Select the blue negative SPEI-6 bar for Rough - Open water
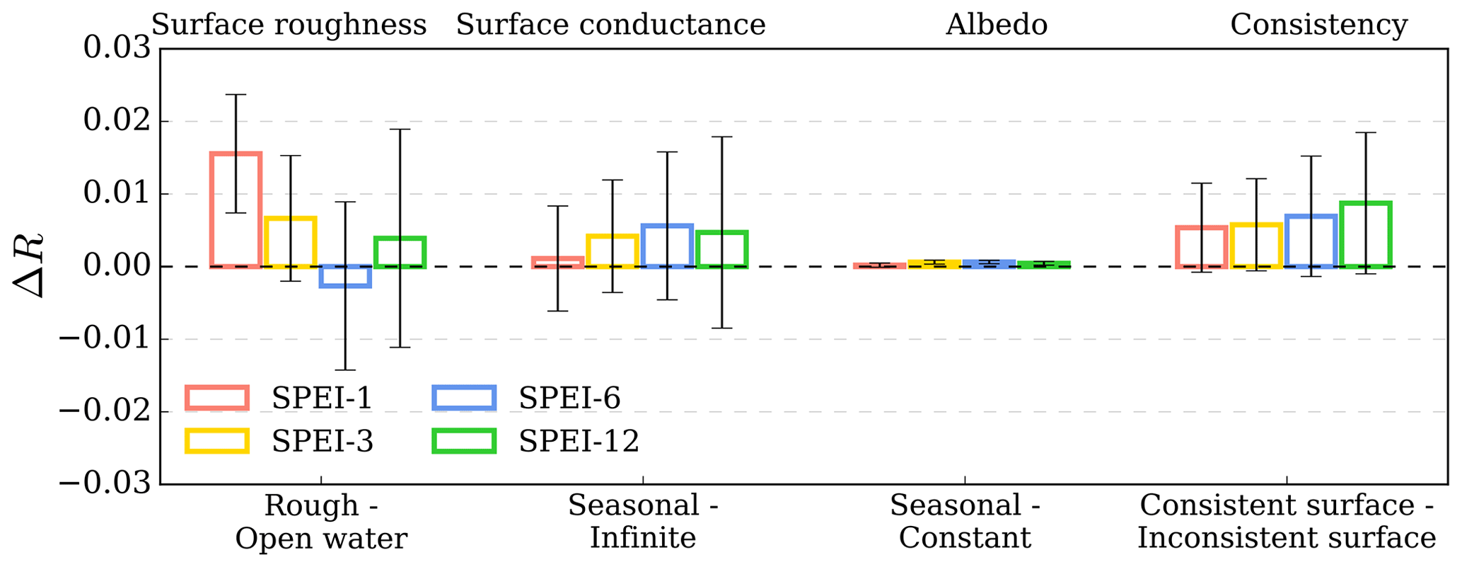pos(345,276)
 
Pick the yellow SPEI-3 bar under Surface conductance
pos(613,251)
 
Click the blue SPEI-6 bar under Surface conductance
pos(667,246)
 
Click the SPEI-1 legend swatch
pos(217,398)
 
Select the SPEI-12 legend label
pos(579,442)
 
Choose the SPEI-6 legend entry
pos(569,399)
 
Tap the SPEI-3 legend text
pos(323,442)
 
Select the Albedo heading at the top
pos(996,25)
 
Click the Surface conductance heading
pos(610,25)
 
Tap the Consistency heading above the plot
pos(1318,25)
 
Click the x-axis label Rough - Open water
pos(321,522)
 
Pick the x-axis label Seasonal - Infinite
pos(643,522)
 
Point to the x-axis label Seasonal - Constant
pos(965,522)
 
